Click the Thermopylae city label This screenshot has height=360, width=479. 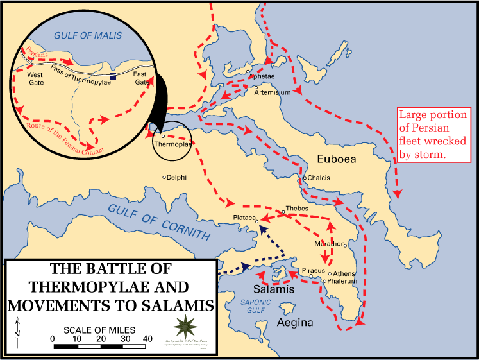click(173, 145)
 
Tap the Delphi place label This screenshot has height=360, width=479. click(176, 176)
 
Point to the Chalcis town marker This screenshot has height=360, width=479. click(305, 178)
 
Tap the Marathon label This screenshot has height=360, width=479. click(329, 244)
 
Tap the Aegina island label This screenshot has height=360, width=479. click(294, 323)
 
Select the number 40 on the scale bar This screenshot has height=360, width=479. click(147, 339)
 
